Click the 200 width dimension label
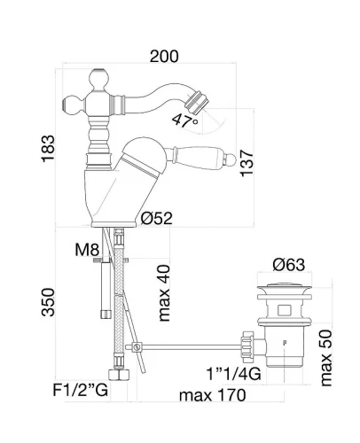164,57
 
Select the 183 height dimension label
48,149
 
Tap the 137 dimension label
247,163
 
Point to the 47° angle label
184,120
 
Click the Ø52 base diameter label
156,219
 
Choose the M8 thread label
87,250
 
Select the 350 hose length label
48,302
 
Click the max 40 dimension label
164,293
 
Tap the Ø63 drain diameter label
288,265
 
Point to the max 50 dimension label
326,358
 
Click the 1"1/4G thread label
233,374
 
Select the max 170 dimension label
212,395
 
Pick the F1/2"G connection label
80,390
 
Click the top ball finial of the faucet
98,79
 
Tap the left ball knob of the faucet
73,105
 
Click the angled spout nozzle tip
197,102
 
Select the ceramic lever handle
201,158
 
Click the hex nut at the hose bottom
119,375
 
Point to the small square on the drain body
285,310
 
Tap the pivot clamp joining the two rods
137,347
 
